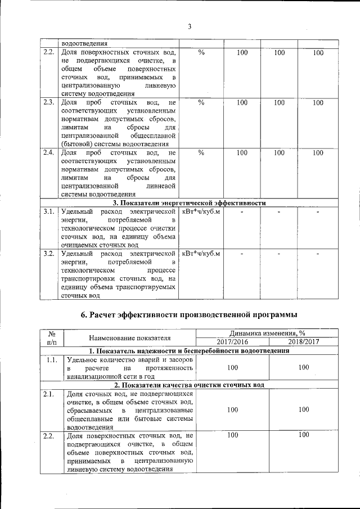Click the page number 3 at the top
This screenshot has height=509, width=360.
(190, 26)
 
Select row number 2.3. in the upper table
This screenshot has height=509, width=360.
(48, 103)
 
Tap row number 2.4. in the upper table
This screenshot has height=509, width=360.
(48, 152)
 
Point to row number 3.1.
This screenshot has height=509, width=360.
(48, 211)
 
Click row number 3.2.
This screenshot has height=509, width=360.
(48, 253)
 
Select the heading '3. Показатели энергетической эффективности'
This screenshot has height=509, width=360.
(189, 202)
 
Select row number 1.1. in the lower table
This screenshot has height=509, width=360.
(51, 359)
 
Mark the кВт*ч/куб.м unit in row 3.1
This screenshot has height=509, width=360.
(201, 211)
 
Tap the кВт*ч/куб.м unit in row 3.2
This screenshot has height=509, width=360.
(201, 253)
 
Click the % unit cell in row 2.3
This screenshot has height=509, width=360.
(201, 103)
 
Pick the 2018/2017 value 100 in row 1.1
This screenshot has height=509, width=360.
(304, 367)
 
